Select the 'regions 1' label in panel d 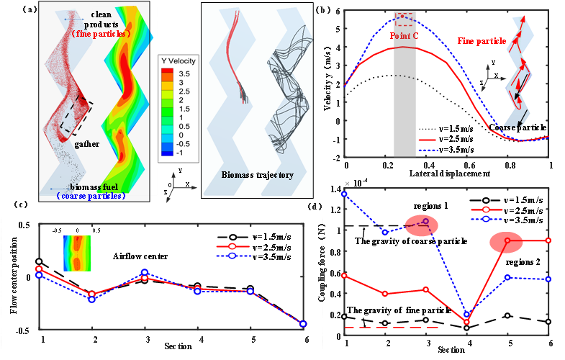432,206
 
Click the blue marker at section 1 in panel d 345,194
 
